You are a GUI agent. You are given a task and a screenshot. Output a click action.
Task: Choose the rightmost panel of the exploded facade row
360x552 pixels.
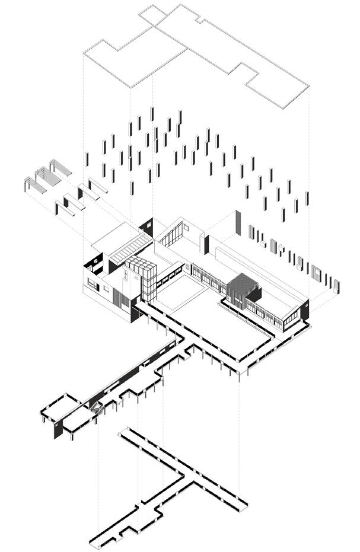[337, 286]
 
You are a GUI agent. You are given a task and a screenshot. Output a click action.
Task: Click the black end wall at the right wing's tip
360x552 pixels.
[305, 310]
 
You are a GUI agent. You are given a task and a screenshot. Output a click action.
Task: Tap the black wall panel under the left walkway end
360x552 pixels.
[58, 430]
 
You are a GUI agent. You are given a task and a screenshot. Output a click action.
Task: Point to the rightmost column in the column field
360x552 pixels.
[307, 199]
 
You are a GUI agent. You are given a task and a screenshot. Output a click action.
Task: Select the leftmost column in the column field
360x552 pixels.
[87, 159]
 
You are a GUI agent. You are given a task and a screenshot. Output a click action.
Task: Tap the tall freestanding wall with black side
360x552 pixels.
[205, 244]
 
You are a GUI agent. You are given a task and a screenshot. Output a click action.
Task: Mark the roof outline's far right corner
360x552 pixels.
[308, 84]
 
